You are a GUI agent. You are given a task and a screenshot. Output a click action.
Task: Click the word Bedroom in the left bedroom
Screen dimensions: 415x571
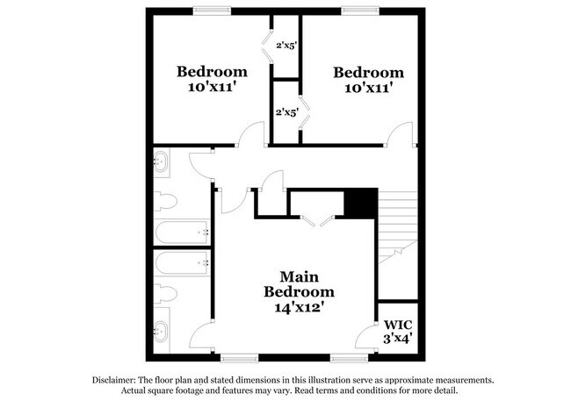point(212,71)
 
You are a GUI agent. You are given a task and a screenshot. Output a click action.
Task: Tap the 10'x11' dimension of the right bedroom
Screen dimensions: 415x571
point(368,88)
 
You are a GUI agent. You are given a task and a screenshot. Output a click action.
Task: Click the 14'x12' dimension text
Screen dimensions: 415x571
point(300,307)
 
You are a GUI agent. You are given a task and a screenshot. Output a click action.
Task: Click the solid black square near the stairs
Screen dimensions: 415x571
point(360,204)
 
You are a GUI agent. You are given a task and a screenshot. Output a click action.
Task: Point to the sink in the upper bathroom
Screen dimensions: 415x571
point(163,161)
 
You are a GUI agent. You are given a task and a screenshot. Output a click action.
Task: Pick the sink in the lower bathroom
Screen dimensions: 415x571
point(163,333)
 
